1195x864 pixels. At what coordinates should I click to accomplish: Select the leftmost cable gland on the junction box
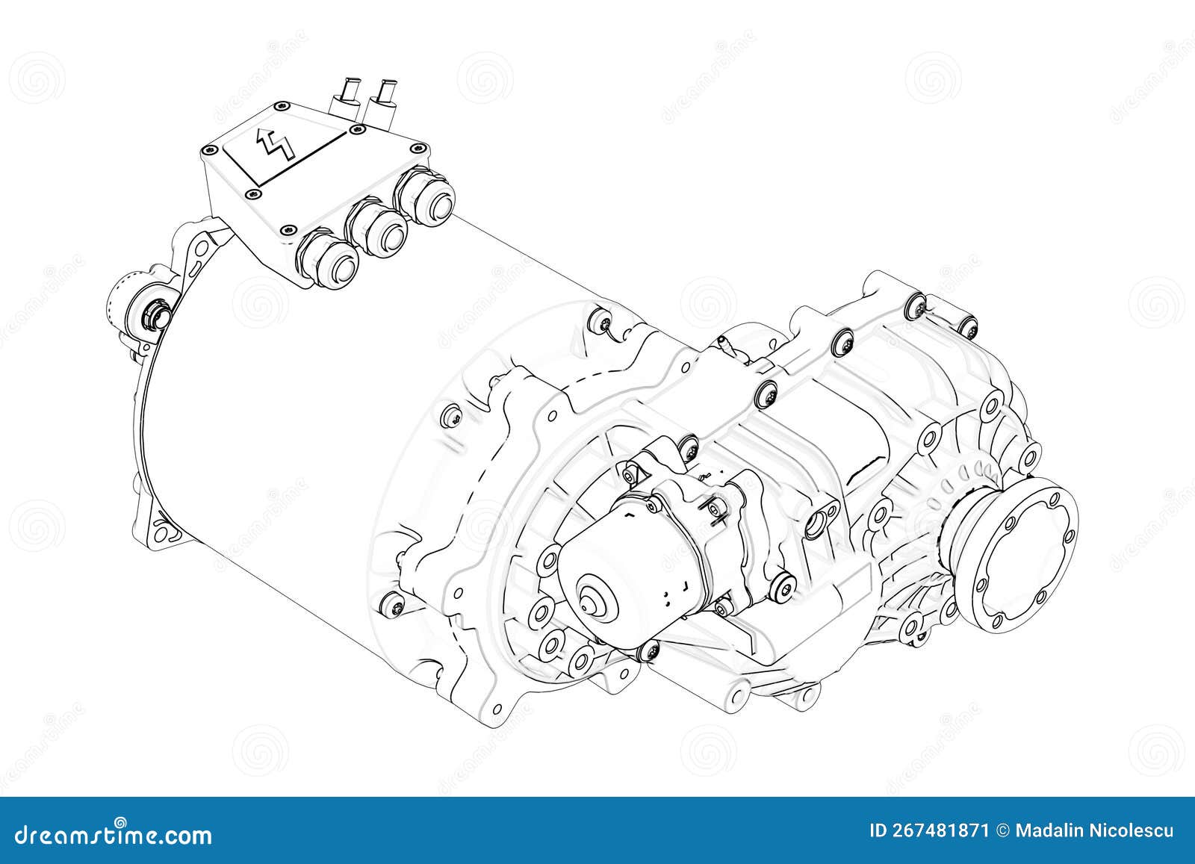pyautogui.click(x=328, y=258)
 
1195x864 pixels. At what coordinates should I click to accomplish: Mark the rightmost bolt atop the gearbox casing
pyautogui.click(x=967, y=324)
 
